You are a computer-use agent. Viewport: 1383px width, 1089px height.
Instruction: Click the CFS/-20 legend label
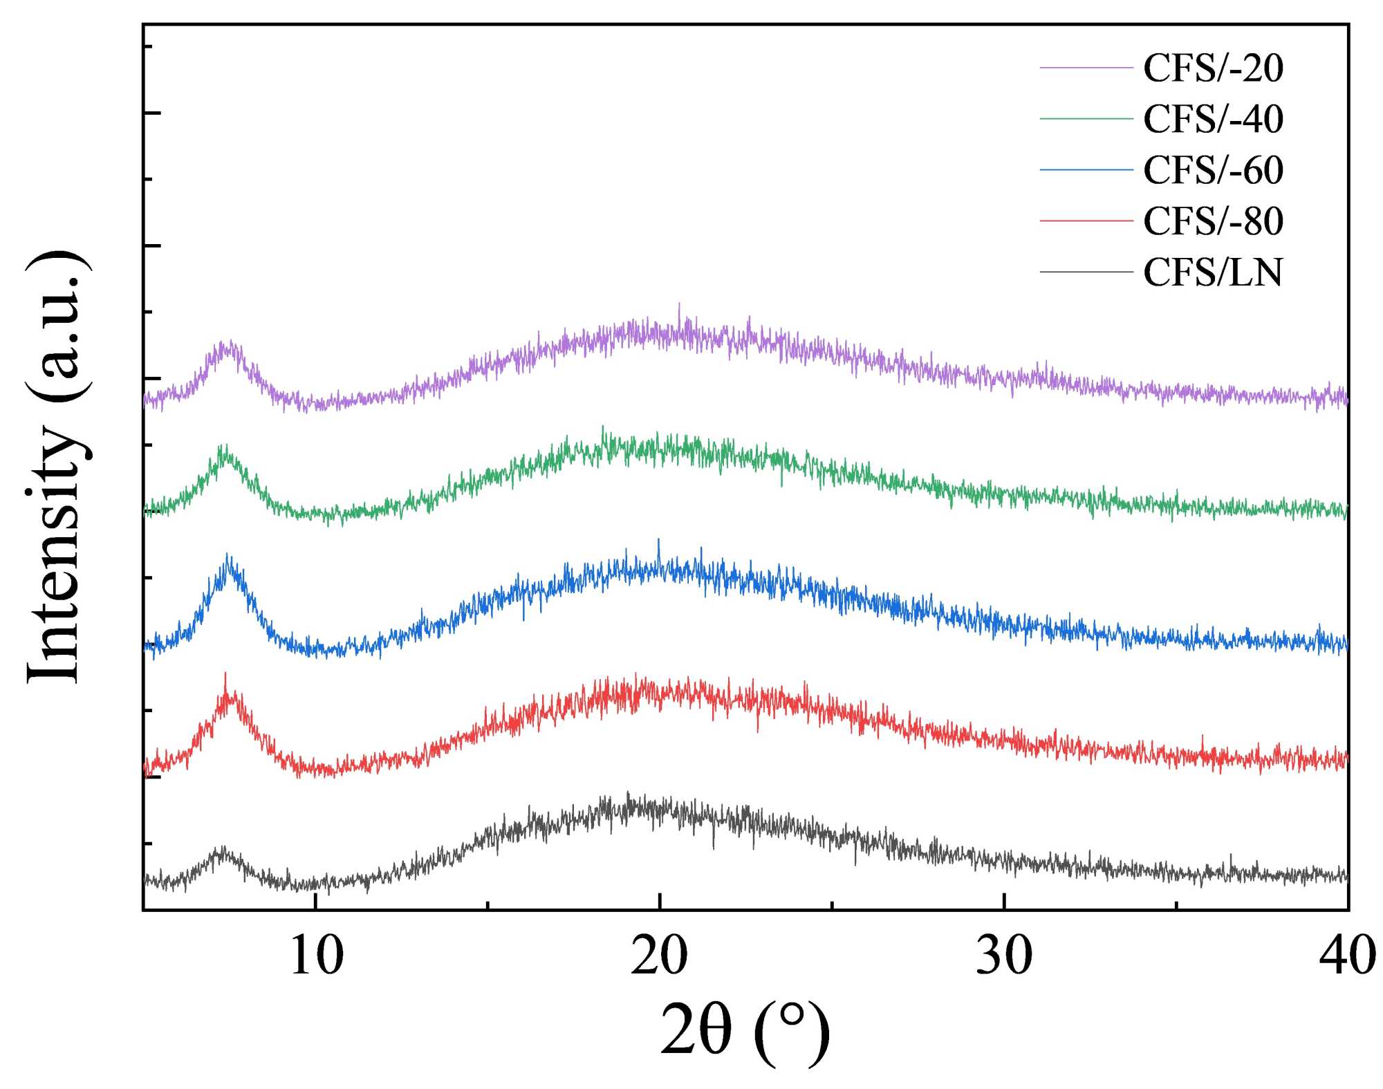[x=1213, y=68]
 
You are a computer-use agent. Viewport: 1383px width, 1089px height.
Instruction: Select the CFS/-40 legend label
[x=1213, y=119]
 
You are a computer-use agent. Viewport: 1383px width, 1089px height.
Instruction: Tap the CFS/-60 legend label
[x=1213, y=170]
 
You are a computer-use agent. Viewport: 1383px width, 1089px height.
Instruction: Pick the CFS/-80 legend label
[x=1213, y=221]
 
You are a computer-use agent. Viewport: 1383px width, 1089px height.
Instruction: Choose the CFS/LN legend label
[x=1213, y=272]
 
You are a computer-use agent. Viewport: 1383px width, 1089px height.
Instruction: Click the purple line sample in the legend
[x=1086, y=68]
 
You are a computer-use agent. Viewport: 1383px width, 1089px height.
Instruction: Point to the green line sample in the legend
[x=1086, y=119]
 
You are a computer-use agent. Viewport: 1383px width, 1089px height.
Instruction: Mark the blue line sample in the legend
[x=1086, y=170]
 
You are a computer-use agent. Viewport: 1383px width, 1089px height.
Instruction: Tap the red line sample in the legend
[x=1086, y=221]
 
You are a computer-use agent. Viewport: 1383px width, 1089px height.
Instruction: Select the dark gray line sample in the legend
[x=1086, y=272]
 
